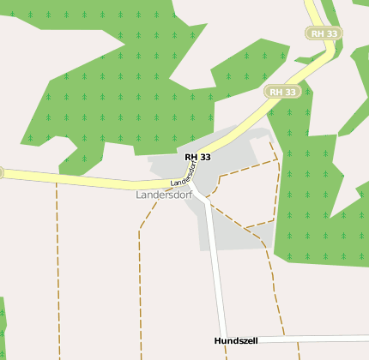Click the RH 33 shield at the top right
[x=324, y=33]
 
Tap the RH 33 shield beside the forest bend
[x=282, y=92]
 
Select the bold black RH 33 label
[x=197, y=157]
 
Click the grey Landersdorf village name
[x=163, y=195]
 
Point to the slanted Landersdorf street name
[x=190, y=174]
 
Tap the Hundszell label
[x=236, y=341]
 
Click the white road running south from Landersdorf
[x=215, y=266]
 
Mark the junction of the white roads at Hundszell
[x=228, y=340]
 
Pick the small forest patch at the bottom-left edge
[x=3, y=326]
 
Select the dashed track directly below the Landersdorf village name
[x=140, y=274]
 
